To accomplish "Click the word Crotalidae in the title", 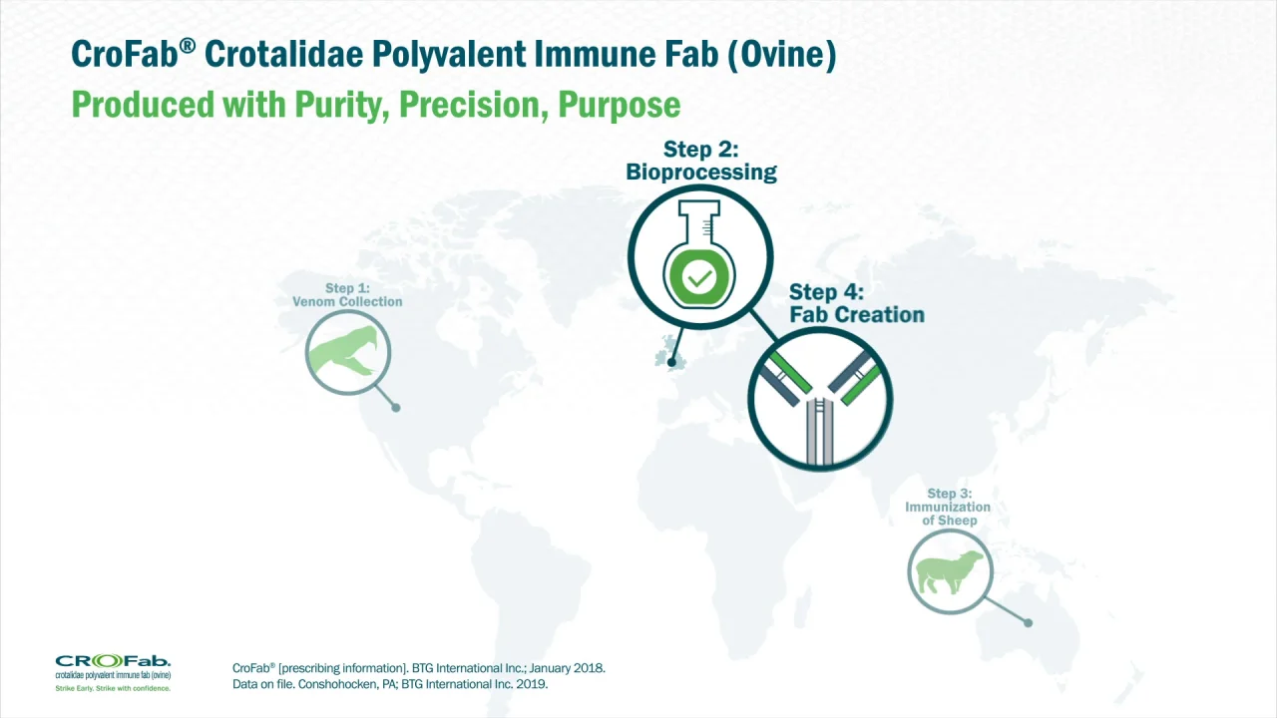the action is pyautogui.click(x=283, y=54).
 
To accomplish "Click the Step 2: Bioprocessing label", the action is pyautogui.click(x=701, y=161).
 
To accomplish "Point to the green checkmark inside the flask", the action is pyautogui.click(x=699, y=278).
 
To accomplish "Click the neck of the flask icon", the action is pyautogui.click(x=699, y=223).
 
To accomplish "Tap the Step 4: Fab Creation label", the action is pyautogui.click(x=856, y=303).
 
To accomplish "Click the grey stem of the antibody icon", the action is pyautogui.click(x=820, y=432).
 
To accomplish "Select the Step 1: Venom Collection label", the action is pyautogui.click(x=347, y=294).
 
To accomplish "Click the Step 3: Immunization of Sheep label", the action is pyautogui.click(x=948, y=507).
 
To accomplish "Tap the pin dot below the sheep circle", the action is pyautogui.click(x=1028, y=623).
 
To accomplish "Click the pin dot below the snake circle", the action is pyautogui.click(x=396, y=408).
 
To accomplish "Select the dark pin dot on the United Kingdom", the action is pyautogui.click(x=671, y=362).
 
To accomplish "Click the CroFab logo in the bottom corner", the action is pyautogui.click(x=113, y=667).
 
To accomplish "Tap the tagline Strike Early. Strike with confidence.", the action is pyautogui.click(x=113, y=688).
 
